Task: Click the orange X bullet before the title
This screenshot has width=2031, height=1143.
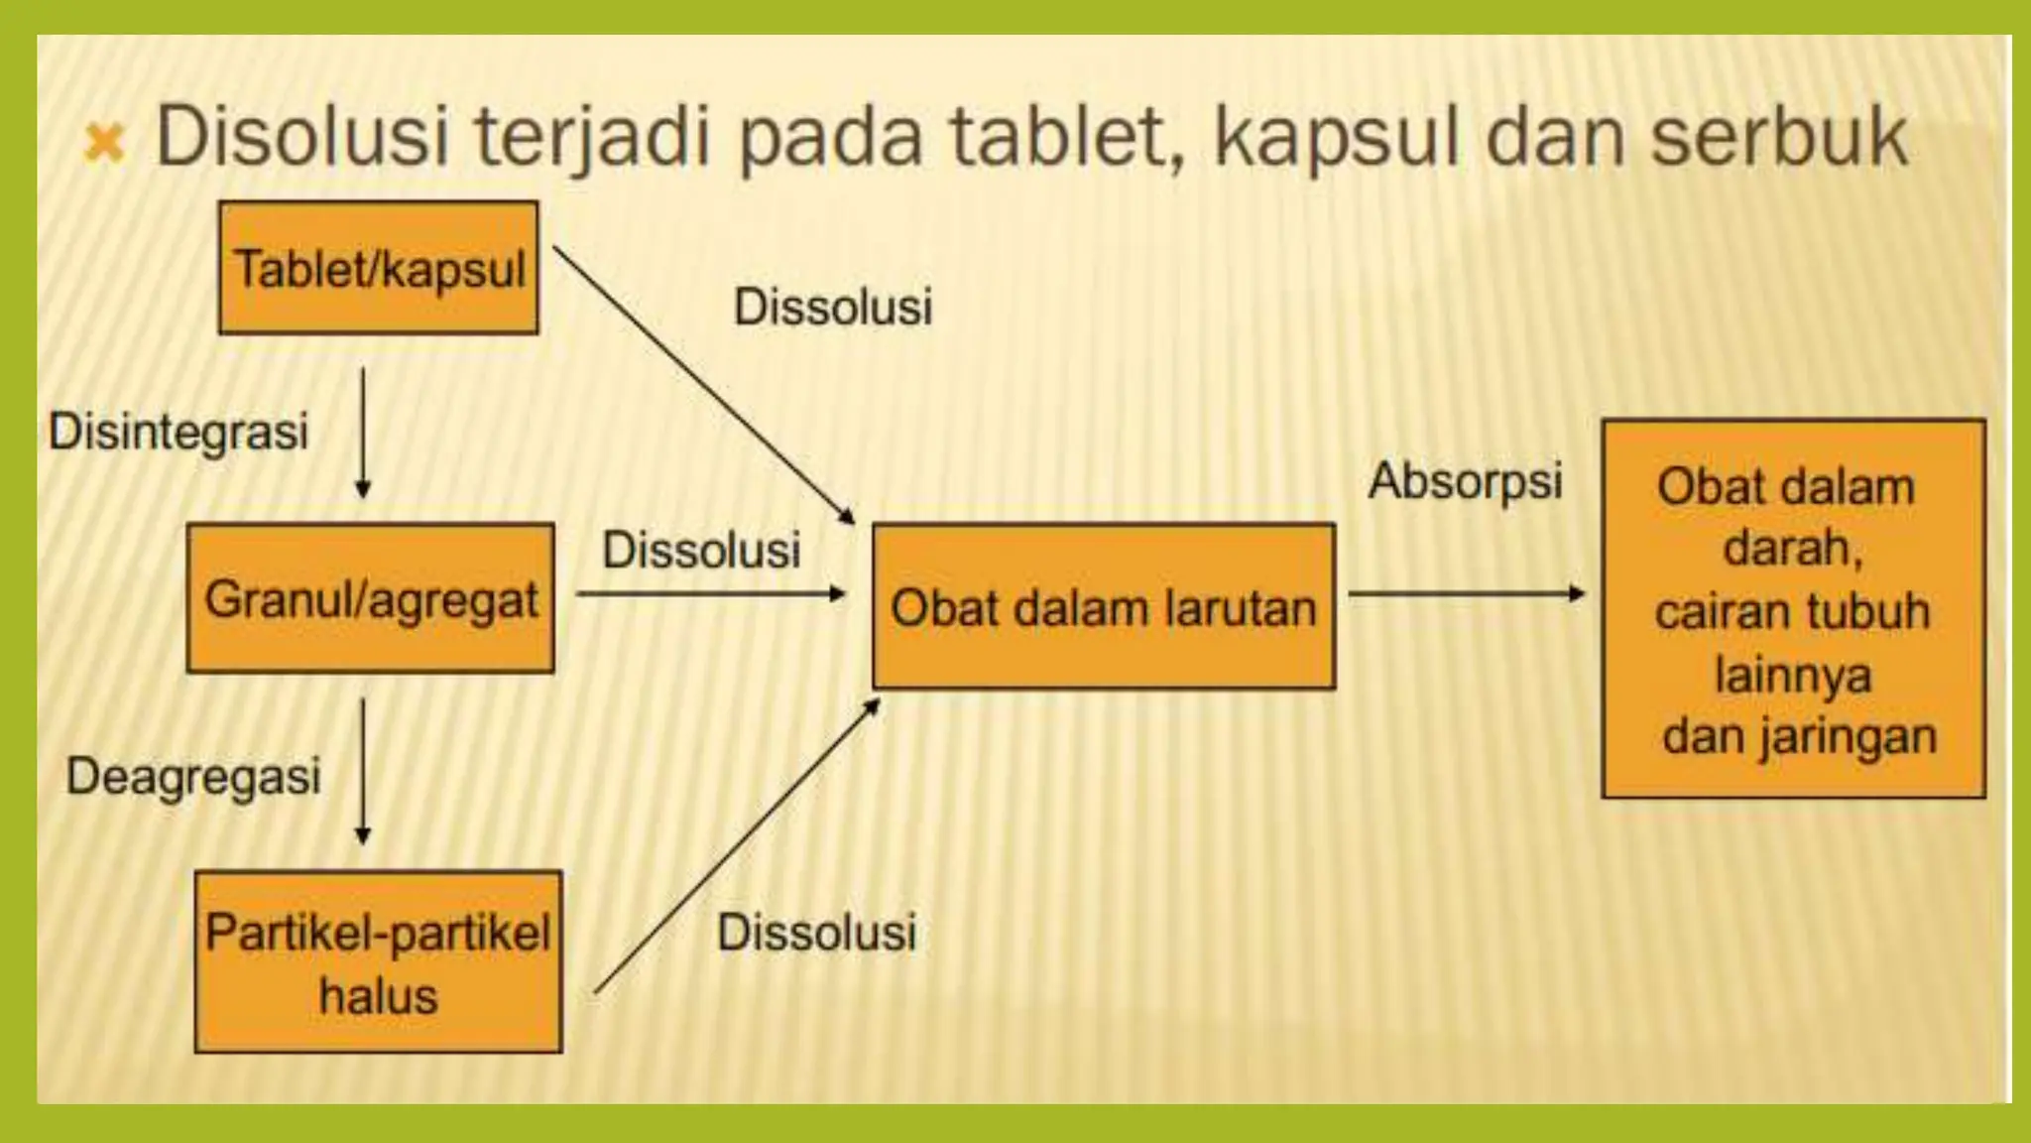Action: (x=104, y=143)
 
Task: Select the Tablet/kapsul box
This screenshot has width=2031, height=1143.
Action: (x=379, y=268)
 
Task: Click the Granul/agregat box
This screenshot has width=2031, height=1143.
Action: (x=371, y=598)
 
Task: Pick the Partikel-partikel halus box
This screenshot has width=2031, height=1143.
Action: (x=378, y=961)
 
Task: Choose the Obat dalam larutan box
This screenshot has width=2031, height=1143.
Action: (x=1104, y=606)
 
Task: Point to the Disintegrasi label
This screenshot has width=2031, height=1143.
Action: (x=179, y=432)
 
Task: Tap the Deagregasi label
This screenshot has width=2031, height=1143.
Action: (x=193, y=776)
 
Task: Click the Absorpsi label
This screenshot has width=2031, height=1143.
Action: (x=1465, y=481)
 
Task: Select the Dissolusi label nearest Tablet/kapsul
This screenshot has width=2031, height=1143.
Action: (x=833, y=307)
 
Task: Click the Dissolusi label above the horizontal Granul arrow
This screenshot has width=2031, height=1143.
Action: (x=701, y=550)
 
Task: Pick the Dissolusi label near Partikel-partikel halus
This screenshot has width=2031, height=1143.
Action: (x=816, y=933)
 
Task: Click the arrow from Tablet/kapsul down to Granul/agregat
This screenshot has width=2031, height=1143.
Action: (x=363, y=433)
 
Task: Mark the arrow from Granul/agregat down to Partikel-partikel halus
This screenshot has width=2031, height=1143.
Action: (x=363, y=771)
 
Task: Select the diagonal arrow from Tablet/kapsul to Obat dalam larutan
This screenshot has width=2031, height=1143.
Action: (x=703, y=385)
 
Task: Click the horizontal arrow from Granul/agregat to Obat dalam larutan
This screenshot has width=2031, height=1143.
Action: (x=710, y=594)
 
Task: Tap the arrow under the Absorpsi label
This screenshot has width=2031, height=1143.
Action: (x=1466, y=594)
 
